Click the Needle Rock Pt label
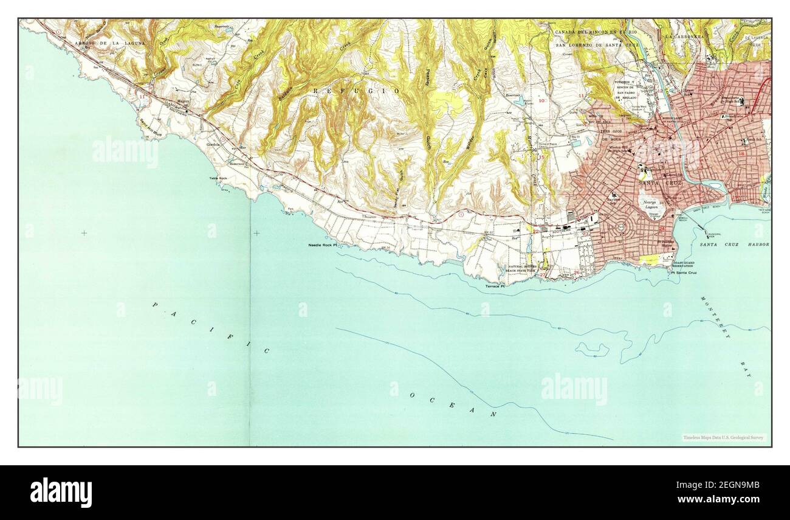[322, 244]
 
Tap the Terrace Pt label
[495, 286]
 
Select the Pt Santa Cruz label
[684, 272]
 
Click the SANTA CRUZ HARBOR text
[734, 244]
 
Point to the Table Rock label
[218, 178]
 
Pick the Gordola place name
[213, 145]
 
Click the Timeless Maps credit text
[723, 437]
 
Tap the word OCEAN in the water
[453, 405]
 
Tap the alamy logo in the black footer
[61, 492]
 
